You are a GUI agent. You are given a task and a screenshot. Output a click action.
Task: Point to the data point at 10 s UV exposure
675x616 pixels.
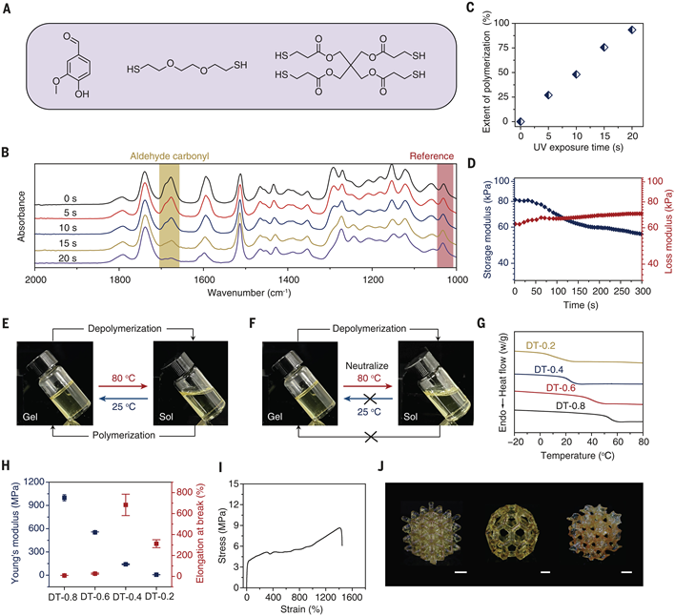coord(576,74)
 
